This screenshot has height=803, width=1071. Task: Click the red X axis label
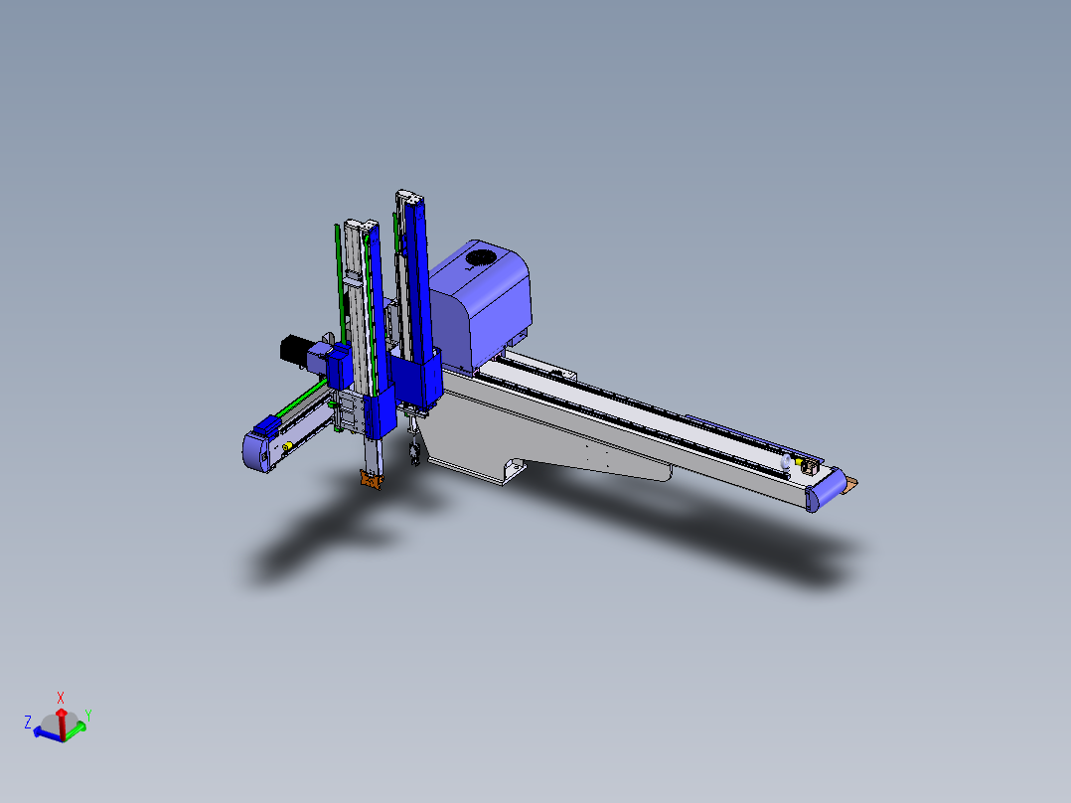(61, 697)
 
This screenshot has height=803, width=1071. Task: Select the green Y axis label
(88, 714)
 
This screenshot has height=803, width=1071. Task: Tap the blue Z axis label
(28, 722)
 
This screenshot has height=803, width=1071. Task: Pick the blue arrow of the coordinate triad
(45, 732)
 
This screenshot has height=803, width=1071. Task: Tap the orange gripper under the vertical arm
(371, 481)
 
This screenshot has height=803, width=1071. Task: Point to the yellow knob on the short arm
(287, 447)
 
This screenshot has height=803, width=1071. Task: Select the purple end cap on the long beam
(824, 494)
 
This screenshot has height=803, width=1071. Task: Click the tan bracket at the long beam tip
(850, 484)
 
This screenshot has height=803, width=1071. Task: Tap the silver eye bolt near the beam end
(788, 462)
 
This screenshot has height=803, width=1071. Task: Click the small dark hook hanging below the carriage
(411, 456)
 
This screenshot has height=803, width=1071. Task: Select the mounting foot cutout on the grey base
(515, 467)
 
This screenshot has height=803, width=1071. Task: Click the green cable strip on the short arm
(299, 403)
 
